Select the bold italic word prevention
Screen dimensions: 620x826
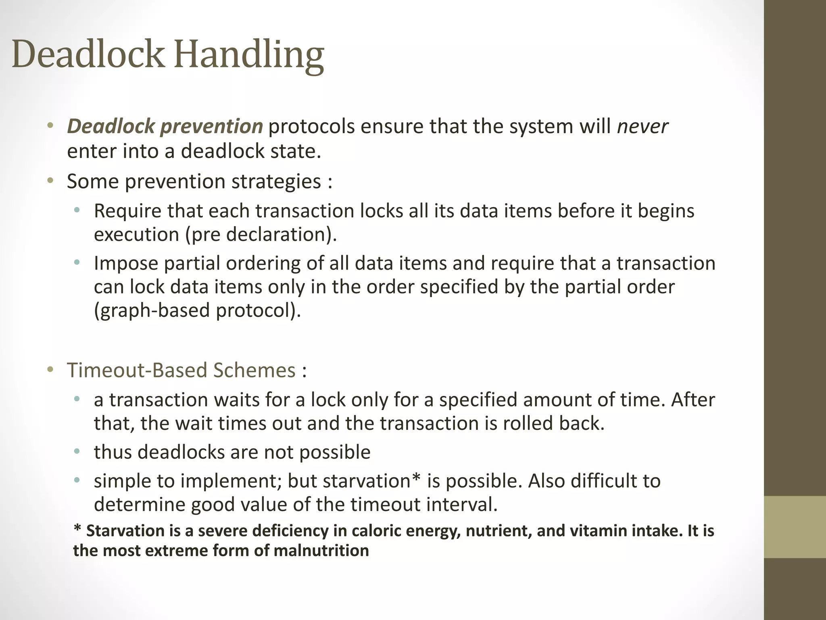211,126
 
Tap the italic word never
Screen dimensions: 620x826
642,126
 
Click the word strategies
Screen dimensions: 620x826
276,181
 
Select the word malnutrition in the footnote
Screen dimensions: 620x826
321,551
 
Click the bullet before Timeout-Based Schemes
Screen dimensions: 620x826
50,370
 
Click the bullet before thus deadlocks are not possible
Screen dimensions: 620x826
77,452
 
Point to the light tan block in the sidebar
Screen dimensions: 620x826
795,527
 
